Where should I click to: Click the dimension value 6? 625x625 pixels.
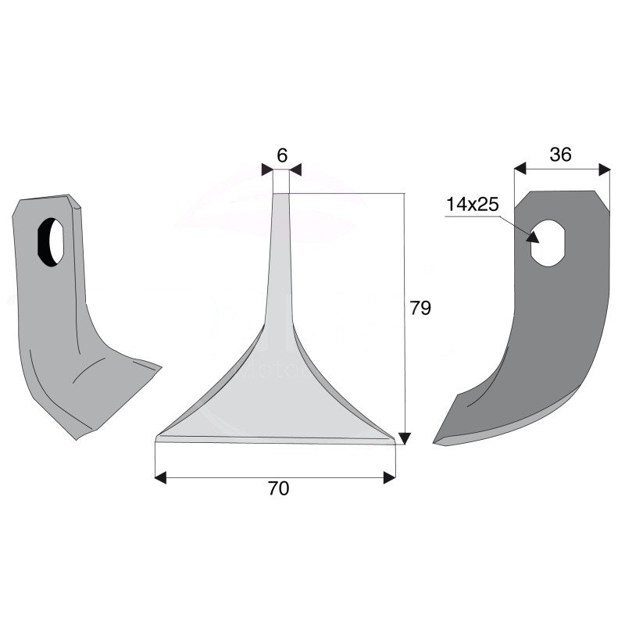281,155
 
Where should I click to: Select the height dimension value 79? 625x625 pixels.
420,309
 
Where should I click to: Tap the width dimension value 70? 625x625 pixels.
278,489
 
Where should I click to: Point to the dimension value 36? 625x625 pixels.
560,155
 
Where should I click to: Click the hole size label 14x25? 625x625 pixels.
472,205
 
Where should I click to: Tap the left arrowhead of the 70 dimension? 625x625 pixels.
160,477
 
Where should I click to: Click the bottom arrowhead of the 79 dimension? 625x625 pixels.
404,438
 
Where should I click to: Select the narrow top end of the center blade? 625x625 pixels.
280,195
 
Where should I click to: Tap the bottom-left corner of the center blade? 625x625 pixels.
157,439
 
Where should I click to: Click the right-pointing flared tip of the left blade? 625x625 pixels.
159,366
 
